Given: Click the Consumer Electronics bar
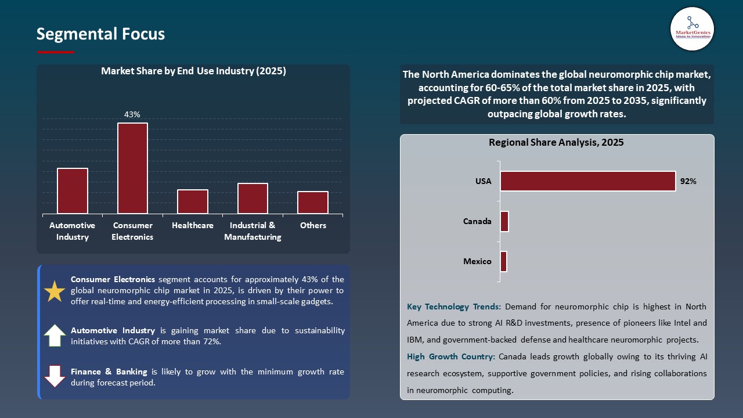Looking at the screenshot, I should [x=132, y=168].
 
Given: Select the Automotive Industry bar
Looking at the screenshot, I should [x=73, y=191].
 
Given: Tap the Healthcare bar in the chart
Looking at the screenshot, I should [x=193, y=201].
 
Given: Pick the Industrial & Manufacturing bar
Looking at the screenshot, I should [x=253, y=199].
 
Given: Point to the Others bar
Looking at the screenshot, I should [x=313, y=203].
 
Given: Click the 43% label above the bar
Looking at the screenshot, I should [x=132, y=114].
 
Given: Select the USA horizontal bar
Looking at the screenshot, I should [x=587, y=181].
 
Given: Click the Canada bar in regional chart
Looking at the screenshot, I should [x=504, y=221].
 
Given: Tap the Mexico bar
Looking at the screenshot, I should [x=503, y=261].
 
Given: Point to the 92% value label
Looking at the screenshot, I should [x=688, y=181].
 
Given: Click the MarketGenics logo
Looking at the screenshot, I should [x=692, y=28].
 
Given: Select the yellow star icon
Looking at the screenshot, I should [x=55, y=291].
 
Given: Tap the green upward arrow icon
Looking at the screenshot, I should [x=55, y=336].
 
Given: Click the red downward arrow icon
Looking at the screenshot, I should [x=55, y=376].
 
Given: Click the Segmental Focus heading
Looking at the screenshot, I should [x=100, y=34].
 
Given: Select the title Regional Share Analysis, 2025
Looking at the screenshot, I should [x=556, y=142].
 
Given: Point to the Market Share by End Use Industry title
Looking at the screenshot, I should [x=193, y=71].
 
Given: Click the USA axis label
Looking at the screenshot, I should [x=483, y=181].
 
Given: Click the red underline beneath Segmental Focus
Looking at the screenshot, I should [x=56, y=52].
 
